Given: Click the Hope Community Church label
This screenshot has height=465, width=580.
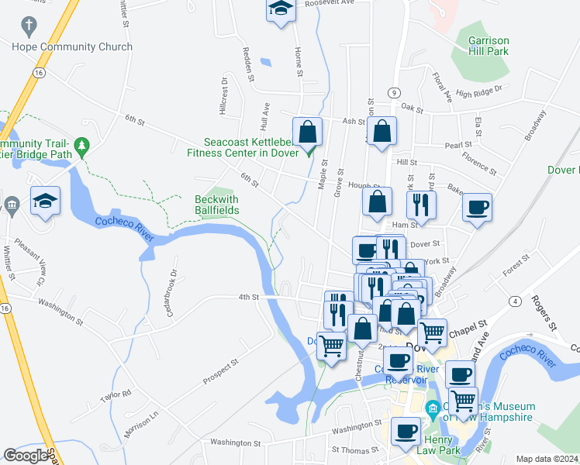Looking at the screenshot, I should click(72, 46).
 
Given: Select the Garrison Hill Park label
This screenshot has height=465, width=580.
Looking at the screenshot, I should click(499, 45).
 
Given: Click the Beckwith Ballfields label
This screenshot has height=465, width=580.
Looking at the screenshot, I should click(216, 205).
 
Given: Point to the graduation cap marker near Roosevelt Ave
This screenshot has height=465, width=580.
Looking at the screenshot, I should click(280, 11).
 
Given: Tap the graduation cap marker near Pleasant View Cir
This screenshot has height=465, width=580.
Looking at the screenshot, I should click(46, 201).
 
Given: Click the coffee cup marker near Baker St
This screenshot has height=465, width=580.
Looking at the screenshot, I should click(477, 207).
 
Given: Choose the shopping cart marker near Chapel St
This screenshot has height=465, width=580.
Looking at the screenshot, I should click(432, 332).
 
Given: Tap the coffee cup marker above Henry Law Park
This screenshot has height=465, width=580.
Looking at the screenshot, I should click(406, 430).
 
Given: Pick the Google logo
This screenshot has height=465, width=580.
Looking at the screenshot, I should click(26, 456).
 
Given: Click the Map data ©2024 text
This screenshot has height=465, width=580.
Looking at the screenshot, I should click(547, 459).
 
